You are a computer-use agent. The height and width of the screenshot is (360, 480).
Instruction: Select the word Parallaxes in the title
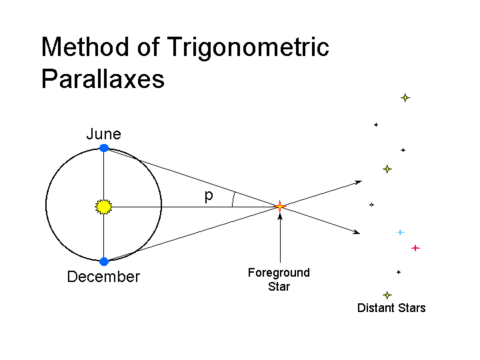pos(103,79)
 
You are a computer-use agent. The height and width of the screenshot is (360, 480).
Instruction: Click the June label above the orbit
pos(104,134)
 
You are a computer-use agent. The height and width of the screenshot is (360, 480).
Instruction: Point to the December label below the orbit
pos(103,277)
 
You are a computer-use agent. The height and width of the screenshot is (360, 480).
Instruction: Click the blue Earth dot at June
pos(104,148)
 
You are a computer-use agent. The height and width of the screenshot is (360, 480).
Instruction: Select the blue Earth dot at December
pos(104,262)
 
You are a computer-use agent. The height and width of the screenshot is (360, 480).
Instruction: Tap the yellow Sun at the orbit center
pos(104,207)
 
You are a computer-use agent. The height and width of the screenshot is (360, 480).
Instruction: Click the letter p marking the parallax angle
pos(209,196)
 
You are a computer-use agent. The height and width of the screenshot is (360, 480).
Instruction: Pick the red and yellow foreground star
pos(279,206)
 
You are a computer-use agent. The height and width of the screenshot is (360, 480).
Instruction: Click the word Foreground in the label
pos(279,273)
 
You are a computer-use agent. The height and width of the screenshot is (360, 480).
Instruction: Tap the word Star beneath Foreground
pos(279,287)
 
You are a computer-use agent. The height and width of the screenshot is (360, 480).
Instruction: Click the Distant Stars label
pos(391,307)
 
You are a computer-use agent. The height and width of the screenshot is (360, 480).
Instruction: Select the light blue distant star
pos(400,233)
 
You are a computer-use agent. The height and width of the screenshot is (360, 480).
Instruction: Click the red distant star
pos(415,248)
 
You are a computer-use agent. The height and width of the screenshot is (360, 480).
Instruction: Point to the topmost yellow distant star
pos(405,97)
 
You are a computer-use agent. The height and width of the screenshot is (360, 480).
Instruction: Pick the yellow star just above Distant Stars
pos(387,295)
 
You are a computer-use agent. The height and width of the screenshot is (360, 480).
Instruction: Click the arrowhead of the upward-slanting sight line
pos(359,183)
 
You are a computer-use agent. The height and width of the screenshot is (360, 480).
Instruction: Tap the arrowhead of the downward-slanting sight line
pos(357,233)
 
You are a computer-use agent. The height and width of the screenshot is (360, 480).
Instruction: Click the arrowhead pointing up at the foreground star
pos(280,217)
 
